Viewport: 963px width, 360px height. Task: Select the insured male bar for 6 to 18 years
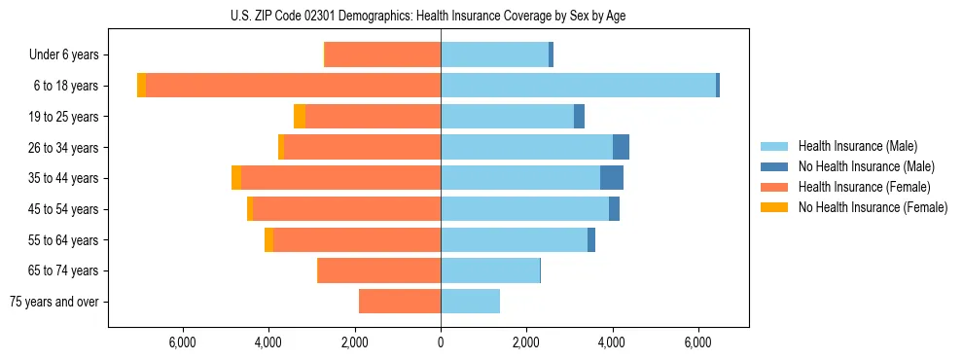pyautogui.click(x=578, y=86)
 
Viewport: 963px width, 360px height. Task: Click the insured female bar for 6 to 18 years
pyautogui.click(x=293, y=86)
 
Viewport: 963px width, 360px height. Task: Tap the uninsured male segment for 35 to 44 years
pyautogui.click(x=612, y=178)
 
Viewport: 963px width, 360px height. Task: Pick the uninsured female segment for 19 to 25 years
pyautogui.click(x=300, y=117)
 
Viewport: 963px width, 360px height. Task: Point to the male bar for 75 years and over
pyautogui.click(x=470, y=302)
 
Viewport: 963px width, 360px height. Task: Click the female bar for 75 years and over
pyautogui.click(x=400, y=302)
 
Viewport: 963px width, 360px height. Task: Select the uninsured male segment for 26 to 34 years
pyautogui.click(x=621, y=147)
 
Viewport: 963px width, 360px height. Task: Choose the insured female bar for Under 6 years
pyautogui.click(x=382, y=54)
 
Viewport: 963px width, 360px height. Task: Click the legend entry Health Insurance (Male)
pyautogui.click(x=857, y=146)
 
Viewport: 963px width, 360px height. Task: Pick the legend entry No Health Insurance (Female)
pyautogui.click(x=872, y=207)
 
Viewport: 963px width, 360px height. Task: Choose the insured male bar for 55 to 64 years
pyautogui.click(x=514, y=240)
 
